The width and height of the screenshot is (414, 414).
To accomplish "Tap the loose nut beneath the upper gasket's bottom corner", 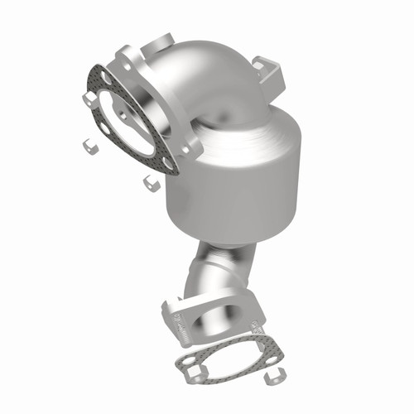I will tap(150, 181).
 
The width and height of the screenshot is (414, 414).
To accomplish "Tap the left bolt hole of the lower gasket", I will tap(188, 362).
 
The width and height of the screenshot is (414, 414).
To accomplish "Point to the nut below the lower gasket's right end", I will tap(271, 379).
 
